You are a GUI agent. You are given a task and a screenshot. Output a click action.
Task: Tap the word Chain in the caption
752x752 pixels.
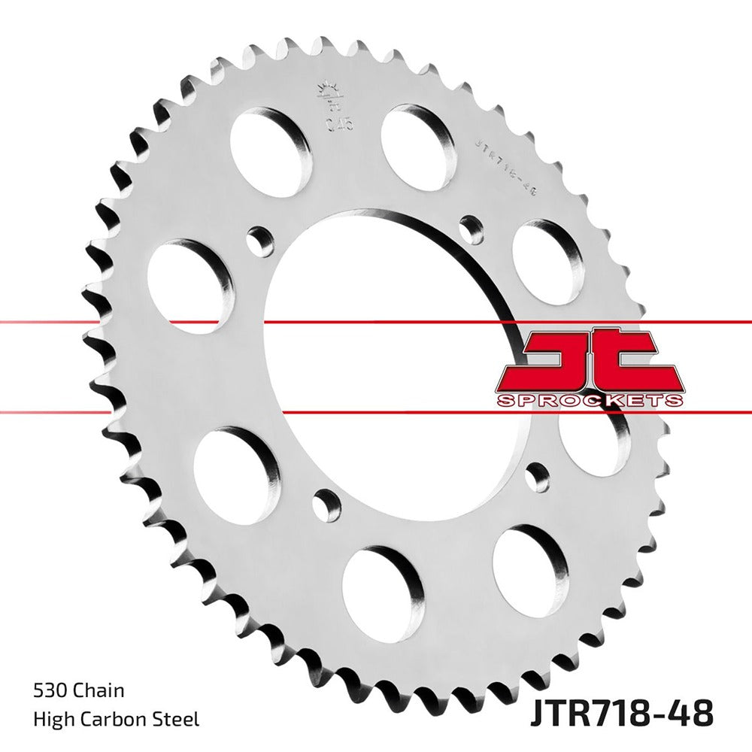(x=100, y=690)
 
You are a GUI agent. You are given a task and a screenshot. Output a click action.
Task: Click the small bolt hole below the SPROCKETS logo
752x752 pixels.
(x=536, y=476)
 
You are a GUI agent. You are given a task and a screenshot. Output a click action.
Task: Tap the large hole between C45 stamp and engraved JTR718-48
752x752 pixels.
(x=418, y=144)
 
